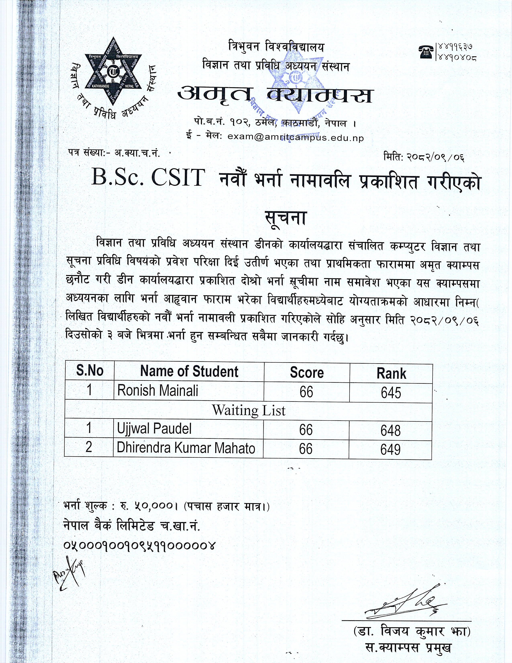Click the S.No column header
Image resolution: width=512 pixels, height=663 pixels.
[90, 371]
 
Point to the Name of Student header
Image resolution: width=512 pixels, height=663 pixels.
[189, 371]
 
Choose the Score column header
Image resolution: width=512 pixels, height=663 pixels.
[307, 373]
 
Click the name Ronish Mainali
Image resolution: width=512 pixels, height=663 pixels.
[158, 391]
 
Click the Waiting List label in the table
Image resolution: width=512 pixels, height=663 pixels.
[248, 411]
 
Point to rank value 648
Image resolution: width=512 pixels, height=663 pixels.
[391, 431]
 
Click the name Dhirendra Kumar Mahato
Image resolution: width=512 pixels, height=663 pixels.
[186, 448]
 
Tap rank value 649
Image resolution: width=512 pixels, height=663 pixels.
[390, 450]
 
